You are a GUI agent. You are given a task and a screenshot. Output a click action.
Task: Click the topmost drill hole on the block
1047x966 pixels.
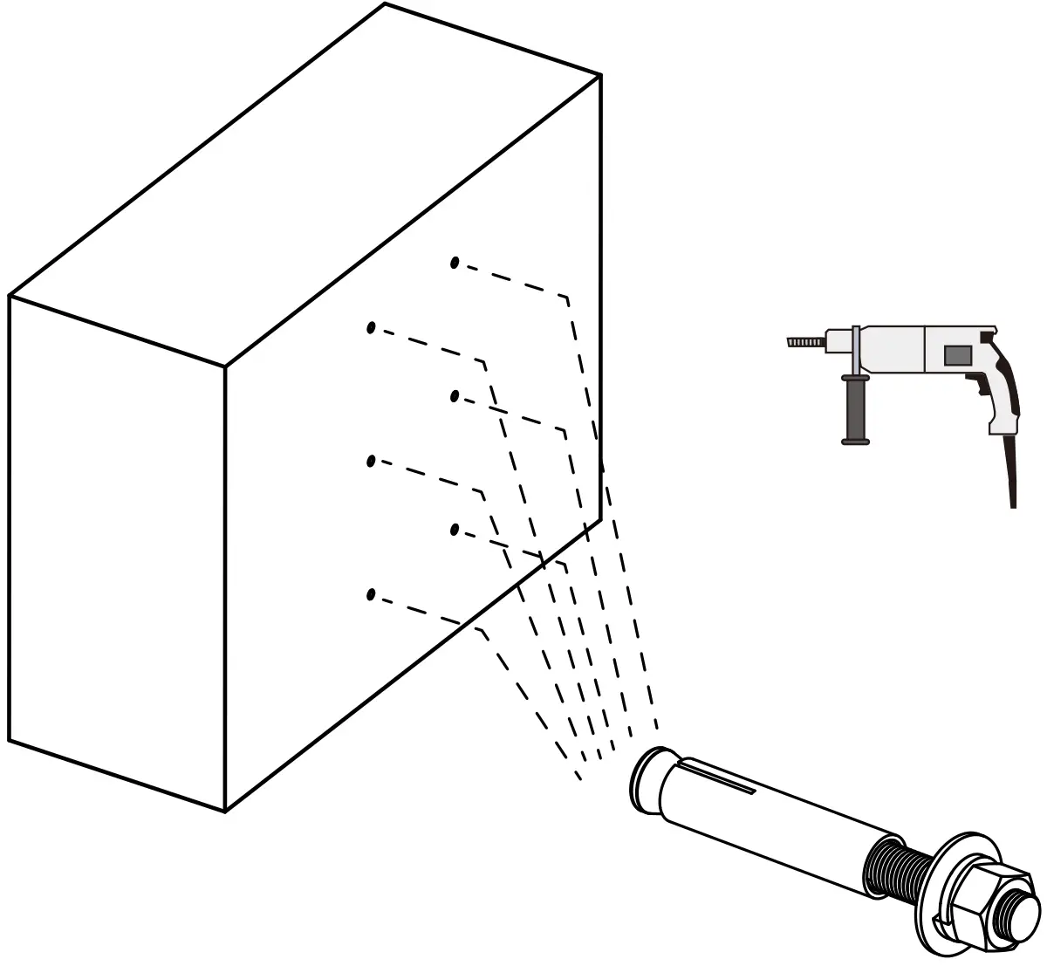(x=454, y=263)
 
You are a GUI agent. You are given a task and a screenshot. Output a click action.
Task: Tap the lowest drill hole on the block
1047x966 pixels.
(x=371, y=595)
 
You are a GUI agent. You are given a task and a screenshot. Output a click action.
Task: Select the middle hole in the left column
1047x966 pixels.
(x=371, y=462)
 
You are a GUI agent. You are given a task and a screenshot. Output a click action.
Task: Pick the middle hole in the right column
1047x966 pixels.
(x=454, y=397)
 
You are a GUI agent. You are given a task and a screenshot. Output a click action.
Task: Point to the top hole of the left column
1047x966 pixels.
(x=371, y=328)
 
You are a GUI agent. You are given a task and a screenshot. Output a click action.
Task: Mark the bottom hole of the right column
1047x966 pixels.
(x=454, y=529)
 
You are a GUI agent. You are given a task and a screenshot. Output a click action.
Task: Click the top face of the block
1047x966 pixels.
(x=305, y=183)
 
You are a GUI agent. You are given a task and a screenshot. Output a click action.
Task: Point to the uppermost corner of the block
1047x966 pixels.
(x=385, y=4)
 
